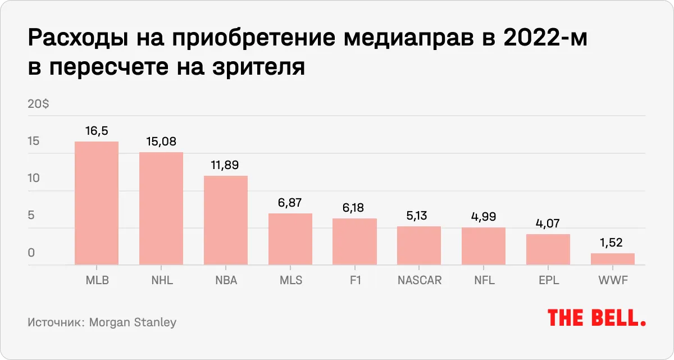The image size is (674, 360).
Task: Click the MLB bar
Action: (97, 203)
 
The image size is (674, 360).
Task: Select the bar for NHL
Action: (161, 208)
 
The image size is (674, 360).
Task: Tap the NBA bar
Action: (226, 220)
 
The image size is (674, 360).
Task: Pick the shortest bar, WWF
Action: (612, 259)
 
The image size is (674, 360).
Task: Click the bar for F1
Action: (354, 241)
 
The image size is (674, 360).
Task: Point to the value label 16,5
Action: (97, 131)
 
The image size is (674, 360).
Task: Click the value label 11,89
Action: (226, 166)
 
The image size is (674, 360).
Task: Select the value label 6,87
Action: (290, 203)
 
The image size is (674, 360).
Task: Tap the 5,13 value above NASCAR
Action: (419, 216)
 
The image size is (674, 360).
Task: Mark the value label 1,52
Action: (612, 243)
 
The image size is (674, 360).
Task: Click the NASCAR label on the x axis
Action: (419, 280)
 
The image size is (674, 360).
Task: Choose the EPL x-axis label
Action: (548, 280)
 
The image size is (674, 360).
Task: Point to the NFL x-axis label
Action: (484, 280)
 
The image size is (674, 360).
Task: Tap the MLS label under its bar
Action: (290, 280)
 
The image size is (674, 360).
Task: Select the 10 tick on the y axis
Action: (34, 178)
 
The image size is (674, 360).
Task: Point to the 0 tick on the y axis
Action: (31, 253)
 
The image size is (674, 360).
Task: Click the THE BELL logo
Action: (596, 318)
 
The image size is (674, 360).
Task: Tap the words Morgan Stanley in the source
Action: (133, 322)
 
